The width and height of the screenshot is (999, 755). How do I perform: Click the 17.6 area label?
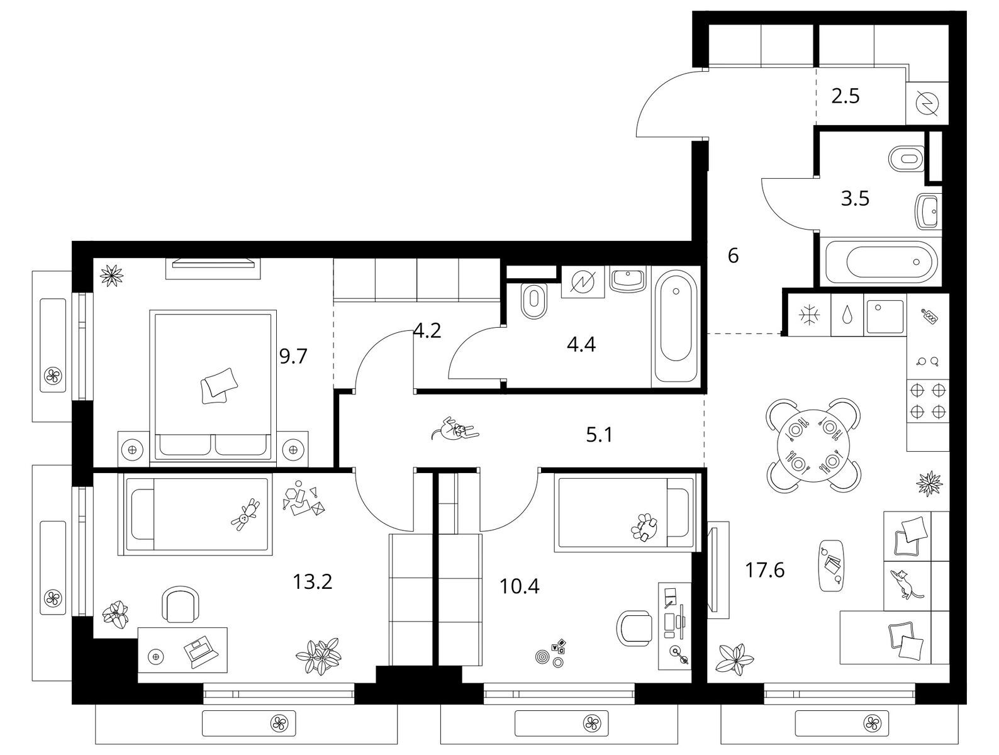764,569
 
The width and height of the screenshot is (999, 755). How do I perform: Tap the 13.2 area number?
312,581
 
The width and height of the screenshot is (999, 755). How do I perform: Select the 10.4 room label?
519,586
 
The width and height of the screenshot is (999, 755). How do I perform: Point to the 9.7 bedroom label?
293,356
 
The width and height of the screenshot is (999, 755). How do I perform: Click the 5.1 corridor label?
599,435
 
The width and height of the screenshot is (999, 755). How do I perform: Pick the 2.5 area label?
845,96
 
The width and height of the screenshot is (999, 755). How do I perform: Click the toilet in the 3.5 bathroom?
906,159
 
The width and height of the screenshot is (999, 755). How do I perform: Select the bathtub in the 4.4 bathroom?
676,326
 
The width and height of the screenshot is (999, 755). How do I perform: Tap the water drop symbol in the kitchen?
847,314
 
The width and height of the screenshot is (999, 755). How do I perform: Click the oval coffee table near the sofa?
831,566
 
